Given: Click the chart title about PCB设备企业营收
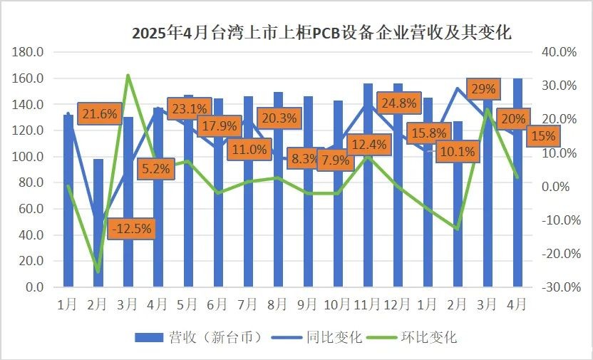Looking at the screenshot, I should point(322,34).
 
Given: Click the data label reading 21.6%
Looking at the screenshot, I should point(99,113).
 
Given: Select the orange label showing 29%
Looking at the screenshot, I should point(485,89).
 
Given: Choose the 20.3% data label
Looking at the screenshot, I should point(279,118).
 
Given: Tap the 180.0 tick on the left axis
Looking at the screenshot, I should point(29,52).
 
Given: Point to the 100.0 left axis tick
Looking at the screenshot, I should point(29,156).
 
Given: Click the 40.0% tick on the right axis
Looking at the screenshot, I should point(560,52).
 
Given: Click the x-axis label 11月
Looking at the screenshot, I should point(368,304).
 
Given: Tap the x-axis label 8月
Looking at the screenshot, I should point(278,304).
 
